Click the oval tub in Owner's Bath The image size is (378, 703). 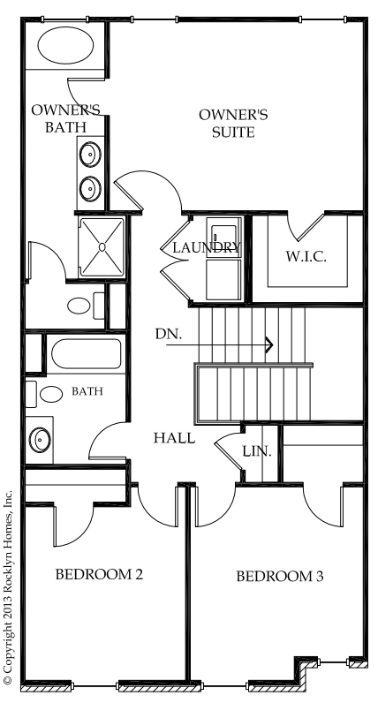[x=66, y=45]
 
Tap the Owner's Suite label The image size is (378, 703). [x=233, y=124]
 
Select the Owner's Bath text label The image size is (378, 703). [x=65, y=118]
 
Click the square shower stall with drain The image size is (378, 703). [x=102, y=247]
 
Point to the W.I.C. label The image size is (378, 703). [x=306, y=256]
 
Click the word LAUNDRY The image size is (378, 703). [x=207, y=247]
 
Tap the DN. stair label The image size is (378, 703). [x=169, y=334]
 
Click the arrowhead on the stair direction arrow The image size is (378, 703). [x=269, y=344]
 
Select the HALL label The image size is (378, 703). [x=174, y=438]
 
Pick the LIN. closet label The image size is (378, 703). [x=257, y=451]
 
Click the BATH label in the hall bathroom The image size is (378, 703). [x=87, y=391]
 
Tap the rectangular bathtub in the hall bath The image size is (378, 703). [x=86, y=354]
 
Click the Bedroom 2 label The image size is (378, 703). [x=99, y=574]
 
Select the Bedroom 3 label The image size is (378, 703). [x=280, y=576]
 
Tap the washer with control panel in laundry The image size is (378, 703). [x=223, y=238]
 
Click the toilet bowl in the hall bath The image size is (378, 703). [x=51, y=394]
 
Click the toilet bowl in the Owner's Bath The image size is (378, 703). [x=79, y=306]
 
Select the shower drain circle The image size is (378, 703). [x=102, y=247]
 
